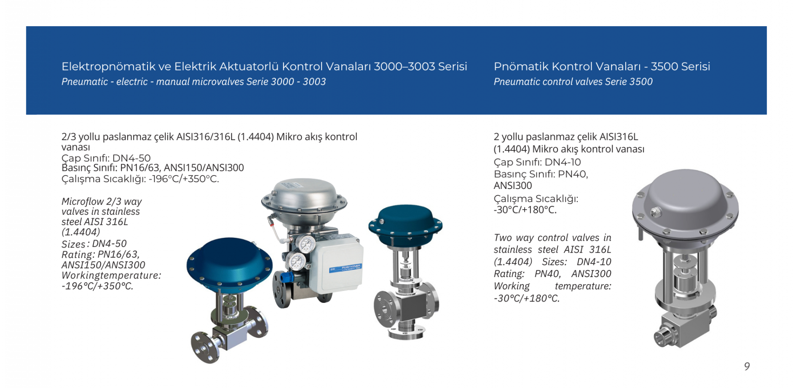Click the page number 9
click(x=747, y=366)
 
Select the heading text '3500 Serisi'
click(x=680, y=67)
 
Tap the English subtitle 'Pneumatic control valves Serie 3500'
click(x=573, y=82)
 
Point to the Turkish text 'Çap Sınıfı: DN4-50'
click(x=106, y=158)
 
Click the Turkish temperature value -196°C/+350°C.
click(x=184, y=179)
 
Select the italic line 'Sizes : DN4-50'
click(x=94, y=244)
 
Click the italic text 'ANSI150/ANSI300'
click(x=103, y=265)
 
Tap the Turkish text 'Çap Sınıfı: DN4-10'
click(x=537, y=162)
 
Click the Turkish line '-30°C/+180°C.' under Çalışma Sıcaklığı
click(x=525, y=210)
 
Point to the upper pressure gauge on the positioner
click(x=306, y=243)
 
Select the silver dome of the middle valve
click(x=304, y=195)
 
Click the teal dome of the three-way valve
click(x=405, y=224)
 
